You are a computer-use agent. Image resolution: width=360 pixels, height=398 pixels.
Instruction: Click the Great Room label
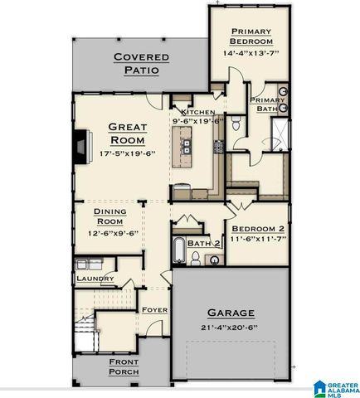127,134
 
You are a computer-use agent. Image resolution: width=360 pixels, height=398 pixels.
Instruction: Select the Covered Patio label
141,63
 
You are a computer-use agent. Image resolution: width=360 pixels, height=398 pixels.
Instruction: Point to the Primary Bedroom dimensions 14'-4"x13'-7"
252,52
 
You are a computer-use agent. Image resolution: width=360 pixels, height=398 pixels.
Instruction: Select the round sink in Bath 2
213,260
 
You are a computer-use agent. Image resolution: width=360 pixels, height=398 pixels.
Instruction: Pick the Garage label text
231,314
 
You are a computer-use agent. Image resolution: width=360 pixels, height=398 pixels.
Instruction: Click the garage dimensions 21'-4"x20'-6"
231,328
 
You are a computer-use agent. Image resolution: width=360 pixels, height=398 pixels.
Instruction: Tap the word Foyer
155,310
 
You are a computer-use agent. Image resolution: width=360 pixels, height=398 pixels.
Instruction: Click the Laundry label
94,279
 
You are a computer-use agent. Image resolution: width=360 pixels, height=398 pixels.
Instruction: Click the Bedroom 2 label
258,228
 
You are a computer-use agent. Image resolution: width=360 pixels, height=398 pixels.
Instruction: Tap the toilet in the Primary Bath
236,125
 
